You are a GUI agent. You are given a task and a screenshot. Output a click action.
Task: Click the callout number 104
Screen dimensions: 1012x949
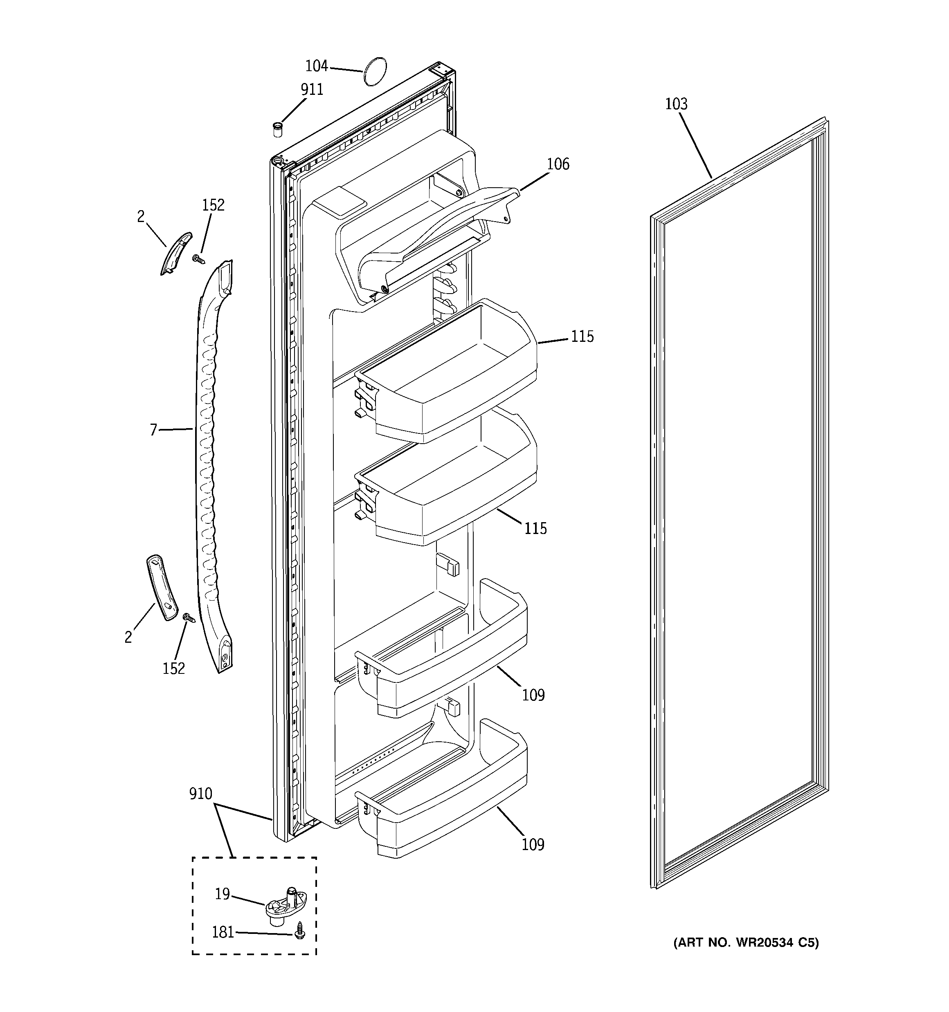(316, 66)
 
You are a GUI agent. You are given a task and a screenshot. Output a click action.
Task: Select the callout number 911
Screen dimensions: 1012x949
(312, 90)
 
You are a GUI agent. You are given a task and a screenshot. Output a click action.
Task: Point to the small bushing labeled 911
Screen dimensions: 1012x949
(278, 129)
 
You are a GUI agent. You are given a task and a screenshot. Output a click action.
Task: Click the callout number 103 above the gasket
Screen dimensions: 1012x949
(676, 104)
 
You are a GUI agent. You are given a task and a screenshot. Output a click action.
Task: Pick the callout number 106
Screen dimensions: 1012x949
(558, 164)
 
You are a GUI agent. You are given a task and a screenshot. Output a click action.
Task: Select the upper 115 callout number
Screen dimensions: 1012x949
(582, 337)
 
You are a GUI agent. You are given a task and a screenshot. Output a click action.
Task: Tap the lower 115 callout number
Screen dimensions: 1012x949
(535, 528)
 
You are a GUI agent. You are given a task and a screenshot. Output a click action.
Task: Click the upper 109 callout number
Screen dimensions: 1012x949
(533, 695)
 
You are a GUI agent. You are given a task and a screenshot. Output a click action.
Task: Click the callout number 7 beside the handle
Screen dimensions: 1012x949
(153, 430)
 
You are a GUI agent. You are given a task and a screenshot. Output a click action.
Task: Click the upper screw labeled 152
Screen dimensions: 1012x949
(198, 259)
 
